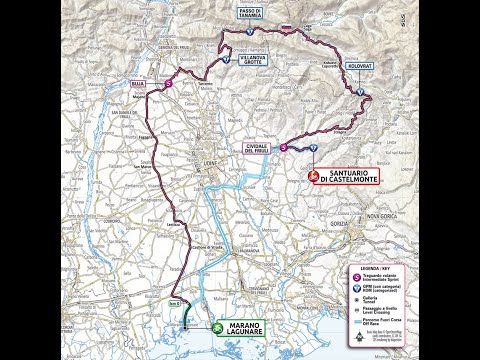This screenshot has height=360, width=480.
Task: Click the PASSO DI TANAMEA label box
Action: coord(249,13)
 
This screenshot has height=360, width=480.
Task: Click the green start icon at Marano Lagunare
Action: coord(217,327)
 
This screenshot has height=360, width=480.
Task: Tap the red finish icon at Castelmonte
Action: coord(312,175)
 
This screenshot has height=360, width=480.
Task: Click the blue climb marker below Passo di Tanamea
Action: coord(249,32)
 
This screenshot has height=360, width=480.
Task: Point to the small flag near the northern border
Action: coord(284,27)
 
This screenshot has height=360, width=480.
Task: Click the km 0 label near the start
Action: coord(172,302)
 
